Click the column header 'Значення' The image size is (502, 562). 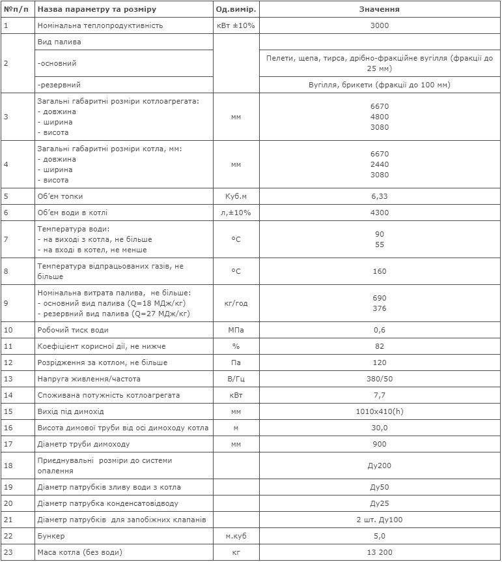(x=380, y=10)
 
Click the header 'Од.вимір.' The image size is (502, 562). (x=236, y=10)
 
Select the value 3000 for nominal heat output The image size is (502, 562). (x=380, y=25)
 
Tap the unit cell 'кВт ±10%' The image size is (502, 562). (x=236, y=25)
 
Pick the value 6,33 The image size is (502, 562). (x=380, y=196)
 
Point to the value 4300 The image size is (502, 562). (x=380, y=213)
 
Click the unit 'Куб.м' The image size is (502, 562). (x=236, y=196)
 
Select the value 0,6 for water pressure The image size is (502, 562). (x=380, y=330)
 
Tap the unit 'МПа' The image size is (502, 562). (x=236, y=330)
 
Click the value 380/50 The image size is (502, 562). (x=380, y=379)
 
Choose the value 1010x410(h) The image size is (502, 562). (x=380, y=411)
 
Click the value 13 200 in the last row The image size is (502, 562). (x=380, y=552)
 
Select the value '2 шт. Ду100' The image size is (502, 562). (x=380, y=520)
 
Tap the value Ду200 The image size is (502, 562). (x=380, y=466)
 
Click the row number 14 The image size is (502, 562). (x=8, y=395)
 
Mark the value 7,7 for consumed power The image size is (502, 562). (x=380, y=395)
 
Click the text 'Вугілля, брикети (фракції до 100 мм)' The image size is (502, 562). (x=380, y=85)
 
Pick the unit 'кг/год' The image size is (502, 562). (x=236, y=303)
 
